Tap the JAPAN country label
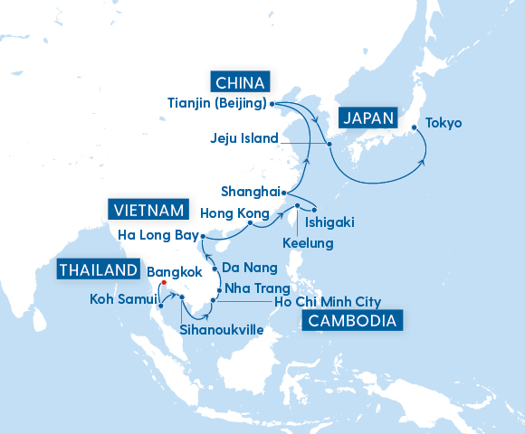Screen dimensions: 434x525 point(368,118)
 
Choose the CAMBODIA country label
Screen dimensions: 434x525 point(353,321)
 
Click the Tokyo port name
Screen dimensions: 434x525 point(444,123)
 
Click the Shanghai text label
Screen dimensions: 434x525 point(250,192)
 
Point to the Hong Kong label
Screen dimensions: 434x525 point(233,213)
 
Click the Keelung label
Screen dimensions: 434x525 point(308,243)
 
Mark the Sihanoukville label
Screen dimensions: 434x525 point(222,330)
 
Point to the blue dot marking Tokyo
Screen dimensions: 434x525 point(415,127)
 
